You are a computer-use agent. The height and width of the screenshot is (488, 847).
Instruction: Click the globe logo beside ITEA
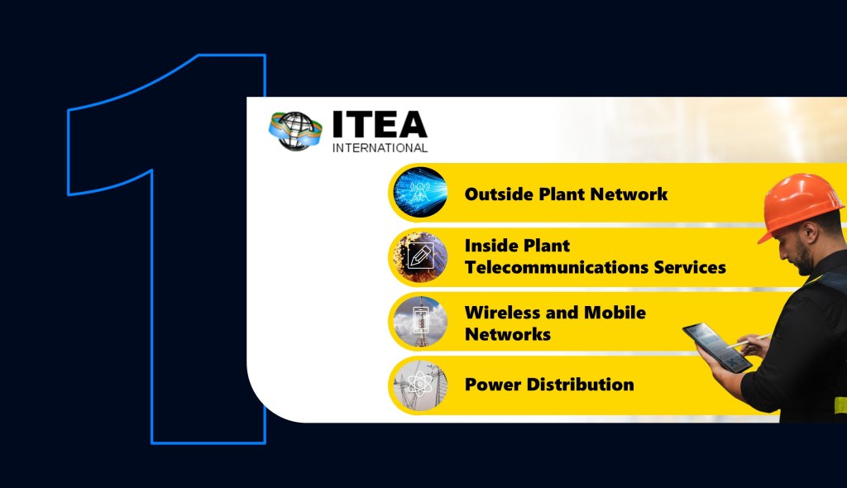[295, 131]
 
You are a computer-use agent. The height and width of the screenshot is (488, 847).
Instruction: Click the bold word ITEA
[380, 124]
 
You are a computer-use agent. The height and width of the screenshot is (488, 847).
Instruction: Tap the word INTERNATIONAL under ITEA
[380, 148]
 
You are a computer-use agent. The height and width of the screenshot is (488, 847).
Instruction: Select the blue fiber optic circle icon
[419, 193]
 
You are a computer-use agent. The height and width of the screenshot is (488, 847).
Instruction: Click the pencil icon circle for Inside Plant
[419, 256]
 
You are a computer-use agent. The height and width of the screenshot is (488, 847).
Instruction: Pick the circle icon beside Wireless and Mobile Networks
[419, 322]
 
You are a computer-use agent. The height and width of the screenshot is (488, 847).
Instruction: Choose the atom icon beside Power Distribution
[419, 385]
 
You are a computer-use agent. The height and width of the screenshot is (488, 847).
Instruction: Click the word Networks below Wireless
[508, 334]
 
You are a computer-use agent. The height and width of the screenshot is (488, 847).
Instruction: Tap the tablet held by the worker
[717, 347]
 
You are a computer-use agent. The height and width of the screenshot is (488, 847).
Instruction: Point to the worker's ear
[808, 233]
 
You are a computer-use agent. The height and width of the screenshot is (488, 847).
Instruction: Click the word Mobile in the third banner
[615, 313]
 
